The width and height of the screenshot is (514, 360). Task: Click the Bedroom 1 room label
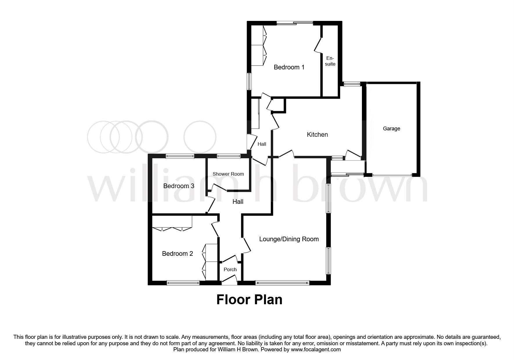tap(289, 67)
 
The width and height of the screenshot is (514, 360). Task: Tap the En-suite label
tap(330, 61)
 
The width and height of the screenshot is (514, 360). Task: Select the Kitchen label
tap(317, 135)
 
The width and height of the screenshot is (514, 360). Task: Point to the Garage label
tap(391, 129)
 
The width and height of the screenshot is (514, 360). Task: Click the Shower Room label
tap(228, 174)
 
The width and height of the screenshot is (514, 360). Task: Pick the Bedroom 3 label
tap(178, 186)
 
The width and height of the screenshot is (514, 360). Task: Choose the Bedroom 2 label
tap(177, 254)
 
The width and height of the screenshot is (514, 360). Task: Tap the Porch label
tap(230, 270)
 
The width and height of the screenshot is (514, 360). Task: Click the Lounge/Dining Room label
tap(289, 239)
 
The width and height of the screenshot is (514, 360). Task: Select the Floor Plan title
tap(249, 300)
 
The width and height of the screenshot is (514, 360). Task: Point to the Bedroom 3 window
tap(180, 156)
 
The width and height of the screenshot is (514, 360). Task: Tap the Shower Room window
tap(228, 156)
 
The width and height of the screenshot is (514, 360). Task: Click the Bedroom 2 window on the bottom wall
tap(183, 282)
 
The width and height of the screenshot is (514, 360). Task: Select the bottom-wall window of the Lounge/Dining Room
tap(282, 282)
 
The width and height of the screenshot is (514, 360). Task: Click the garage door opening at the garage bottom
tap(392, 175)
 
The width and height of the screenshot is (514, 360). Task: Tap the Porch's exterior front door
tap(229, 282)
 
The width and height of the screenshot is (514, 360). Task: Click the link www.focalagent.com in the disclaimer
tap(316, 350)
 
